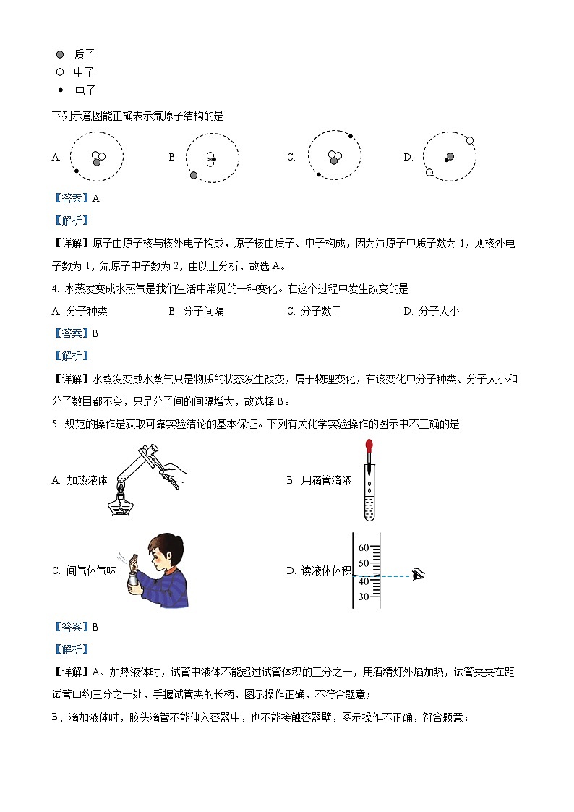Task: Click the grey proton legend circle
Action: pyautogui.click(x=61, y=54)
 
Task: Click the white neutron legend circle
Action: pyautogui.click(x=61, y=72)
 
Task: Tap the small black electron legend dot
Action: pyautogui.click(x=61, y=89)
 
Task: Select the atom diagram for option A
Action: pyautogui.click(x=96, y=158)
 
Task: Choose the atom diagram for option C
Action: pyautogui.click(x=334, y=157)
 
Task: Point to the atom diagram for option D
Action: pyautogui.click(x=449, y=158)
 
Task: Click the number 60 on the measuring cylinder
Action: pyautogui.click(x=364, y=547)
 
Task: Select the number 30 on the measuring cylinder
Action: pyautogui.click(x=364, y=597)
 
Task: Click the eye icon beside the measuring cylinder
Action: pyautogui.click(x=419, y=576)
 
